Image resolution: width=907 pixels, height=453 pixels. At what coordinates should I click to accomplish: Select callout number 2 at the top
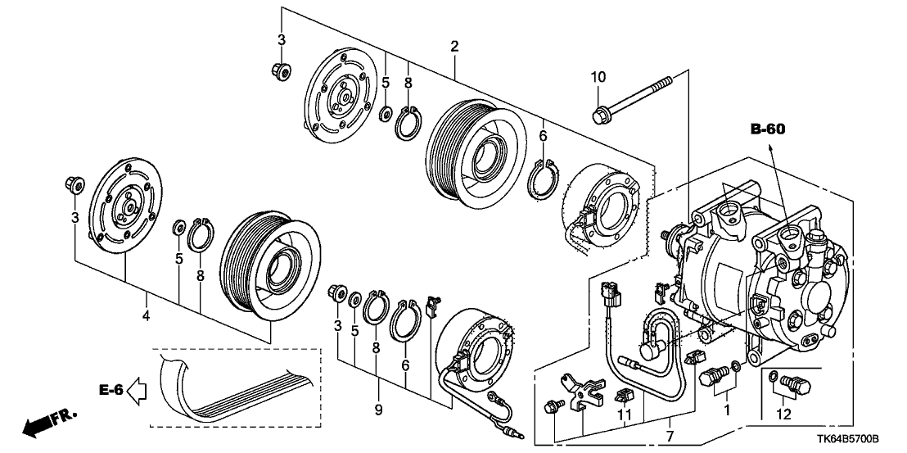coord(454,47)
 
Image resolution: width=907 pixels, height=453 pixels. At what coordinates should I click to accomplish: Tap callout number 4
coord(146,315)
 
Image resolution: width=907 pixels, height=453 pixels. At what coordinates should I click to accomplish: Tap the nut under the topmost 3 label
coord(278,71)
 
